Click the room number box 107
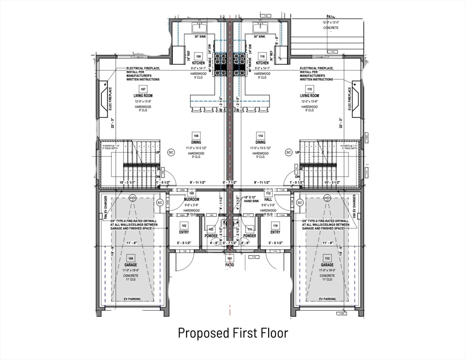[x=143, y=89]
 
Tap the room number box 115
[x=309, y=89]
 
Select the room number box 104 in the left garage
[x=131, y=258]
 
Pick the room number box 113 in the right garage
[x=327, y=258]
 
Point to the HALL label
[x=269, y=199]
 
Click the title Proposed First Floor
[x=233, y=333]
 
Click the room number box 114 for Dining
[x=261, y=135]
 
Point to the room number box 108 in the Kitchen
[x=198, y=56]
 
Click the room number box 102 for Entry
[x=183, y=225]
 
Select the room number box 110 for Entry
[x=275, y=225]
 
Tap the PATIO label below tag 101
[x=230, y=265]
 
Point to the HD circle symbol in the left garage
[x=132, y=198]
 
